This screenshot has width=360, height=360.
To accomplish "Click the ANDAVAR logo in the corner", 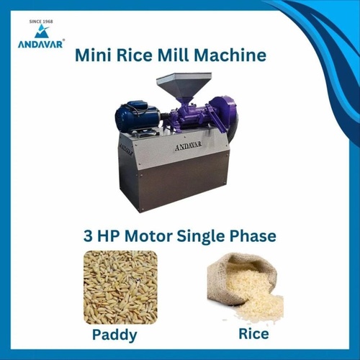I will coord(40,37).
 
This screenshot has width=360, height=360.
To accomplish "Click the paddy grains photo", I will coord(120,287).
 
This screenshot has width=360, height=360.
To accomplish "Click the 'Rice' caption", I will coord(253,334).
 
